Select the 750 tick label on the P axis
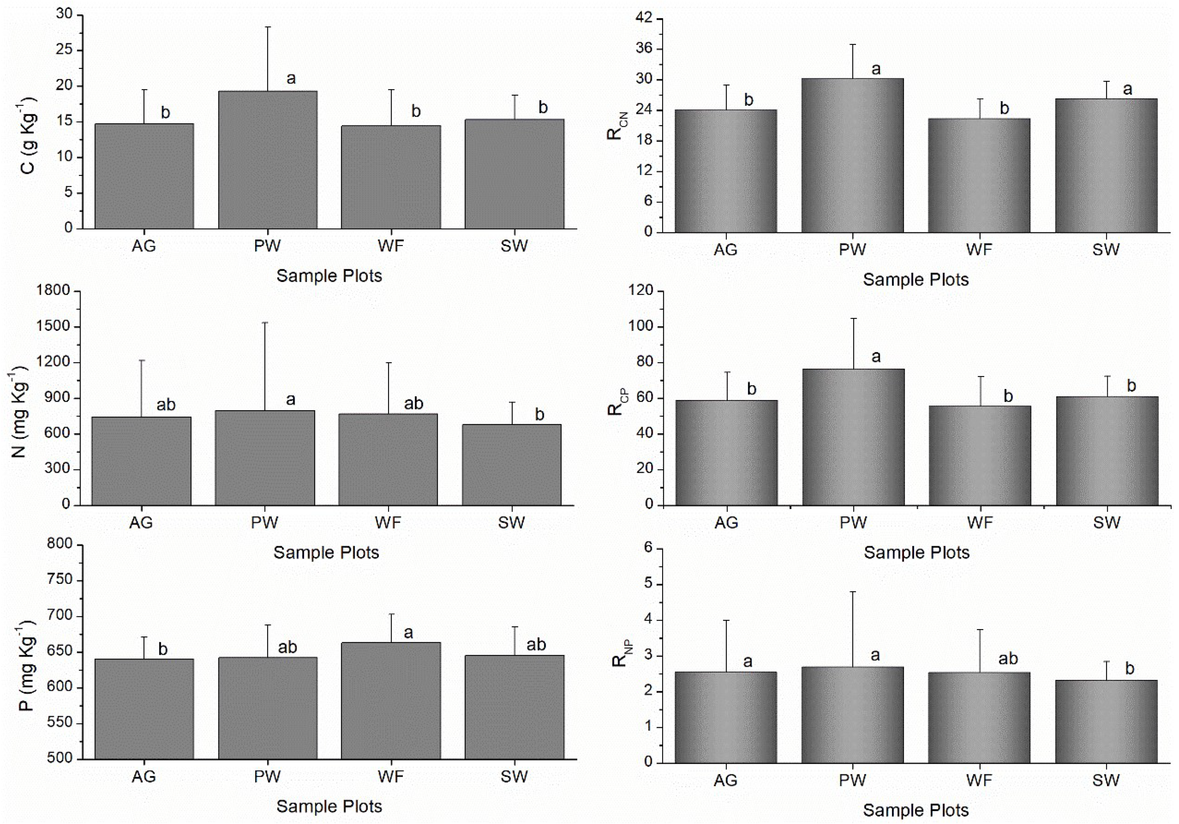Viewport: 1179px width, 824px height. [x=60, y=580]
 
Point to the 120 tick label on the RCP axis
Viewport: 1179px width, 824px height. [x=641, y=291]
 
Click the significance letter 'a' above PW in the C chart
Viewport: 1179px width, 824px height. [x=291, y=79]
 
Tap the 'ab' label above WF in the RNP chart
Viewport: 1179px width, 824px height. [x=1007, y=659]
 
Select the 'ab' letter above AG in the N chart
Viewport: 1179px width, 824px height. [x=165, y=405]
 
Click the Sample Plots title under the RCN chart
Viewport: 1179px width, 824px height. [x=916, y=280]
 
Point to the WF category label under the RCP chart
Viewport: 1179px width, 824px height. [x=980, y=523]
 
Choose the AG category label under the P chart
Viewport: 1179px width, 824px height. [x=144, y=776]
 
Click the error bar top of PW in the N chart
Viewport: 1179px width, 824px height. [x=265, y=323]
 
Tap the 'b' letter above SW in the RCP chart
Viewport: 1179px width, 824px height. [x=1131, y=386]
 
